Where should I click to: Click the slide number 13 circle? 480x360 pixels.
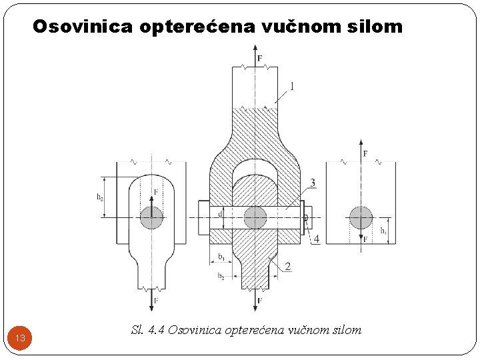21,338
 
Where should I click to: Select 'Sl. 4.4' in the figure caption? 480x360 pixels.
147,329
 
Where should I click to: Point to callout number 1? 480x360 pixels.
291,85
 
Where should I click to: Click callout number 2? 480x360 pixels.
287,267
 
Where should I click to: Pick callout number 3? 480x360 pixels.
313,183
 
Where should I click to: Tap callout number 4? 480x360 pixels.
316,239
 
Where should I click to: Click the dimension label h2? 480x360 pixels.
100,197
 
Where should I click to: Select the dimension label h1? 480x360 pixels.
383,231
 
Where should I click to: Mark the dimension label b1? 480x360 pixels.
221,256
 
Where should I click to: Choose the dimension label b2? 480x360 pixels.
221,276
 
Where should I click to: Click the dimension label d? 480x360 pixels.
221,214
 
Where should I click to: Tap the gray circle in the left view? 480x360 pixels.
152,217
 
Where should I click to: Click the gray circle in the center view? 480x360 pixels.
255,217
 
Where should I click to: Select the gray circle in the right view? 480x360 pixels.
361,217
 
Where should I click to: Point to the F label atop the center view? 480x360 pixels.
259,59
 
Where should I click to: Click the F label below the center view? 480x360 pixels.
259,301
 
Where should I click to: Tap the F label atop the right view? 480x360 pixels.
365,154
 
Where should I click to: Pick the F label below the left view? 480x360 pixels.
156,301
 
